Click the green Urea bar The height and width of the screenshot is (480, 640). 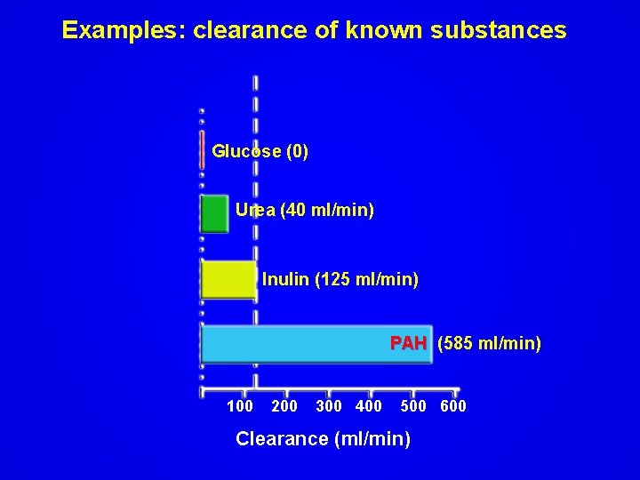coord(214,213)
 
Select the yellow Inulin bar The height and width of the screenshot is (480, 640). coord(228,279)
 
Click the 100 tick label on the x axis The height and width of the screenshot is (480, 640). coord(240,406)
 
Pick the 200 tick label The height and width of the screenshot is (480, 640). coord(284,406)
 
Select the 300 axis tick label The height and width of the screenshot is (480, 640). coord(329,406)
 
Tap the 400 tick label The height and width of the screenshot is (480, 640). coord(369,406)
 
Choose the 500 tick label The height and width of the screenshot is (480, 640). coord(413,406)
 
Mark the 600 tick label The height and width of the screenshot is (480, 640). coord(453,406)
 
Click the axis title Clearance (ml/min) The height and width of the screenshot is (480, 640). coord(323,438)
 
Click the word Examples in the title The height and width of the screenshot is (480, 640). coord(124,30)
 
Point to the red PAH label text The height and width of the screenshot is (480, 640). coord(409,343)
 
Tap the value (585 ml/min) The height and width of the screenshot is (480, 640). coord(489,343)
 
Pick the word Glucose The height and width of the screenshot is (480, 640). coord(246,151)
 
